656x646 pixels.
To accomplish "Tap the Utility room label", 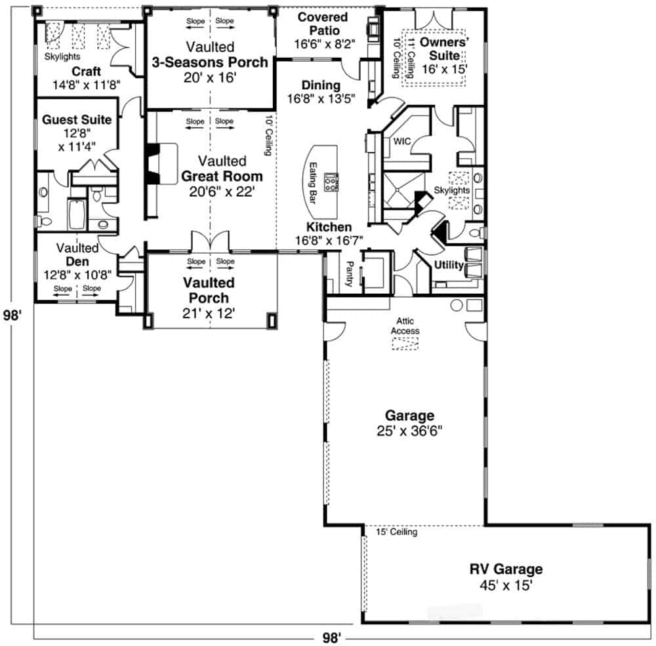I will (449, 266).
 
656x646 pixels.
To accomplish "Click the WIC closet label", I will (401, 141).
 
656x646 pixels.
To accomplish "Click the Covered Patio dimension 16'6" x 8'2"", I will (316, 44).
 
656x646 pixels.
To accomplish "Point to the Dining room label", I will (321, 85).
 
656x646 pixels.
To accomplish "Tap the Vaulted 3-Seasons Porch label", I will (210, 55).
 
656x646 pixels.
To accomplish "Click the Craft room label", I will (86, 71).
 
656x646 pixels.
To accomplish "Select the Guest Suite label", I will (77, 120).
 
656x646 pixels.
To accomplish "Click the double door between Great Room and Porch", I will (210, 241).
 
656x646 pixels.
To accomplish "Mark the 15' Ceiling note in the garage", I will (397, 533).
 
